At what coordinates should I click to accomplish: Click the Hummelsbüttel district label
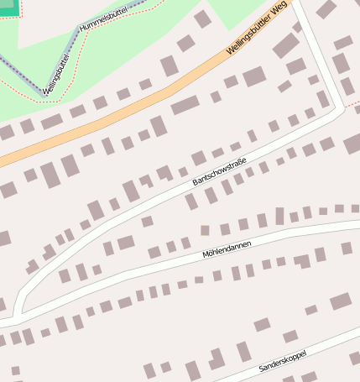click(x=105, y=16)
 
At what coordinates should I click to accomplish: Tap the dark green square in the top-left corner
click(x=7, y=8)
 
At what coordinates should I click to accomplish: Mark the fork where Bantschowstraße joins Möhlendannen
click(x=18, y=313)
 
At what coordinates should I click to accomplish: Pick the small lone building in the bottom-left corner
click(x=15, y=369)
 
